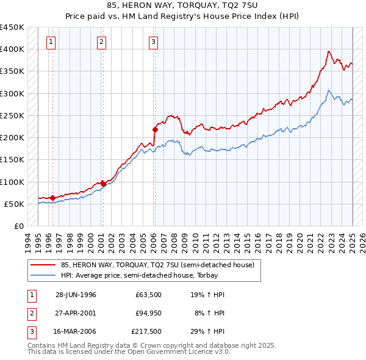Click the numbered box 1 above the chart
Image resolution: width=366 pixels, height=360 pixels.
tap(50, 42)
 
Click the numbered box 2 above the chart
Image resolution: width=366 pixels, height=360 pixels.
tap(101, 42)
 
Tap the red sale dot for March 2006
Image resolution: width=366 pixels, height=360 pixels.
tap(155, 129)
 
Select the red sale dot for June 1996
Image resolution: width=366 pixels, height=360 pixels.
tap(52, 198)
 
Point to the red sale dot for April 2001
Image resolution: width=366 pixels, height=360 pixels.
tap(104, 184)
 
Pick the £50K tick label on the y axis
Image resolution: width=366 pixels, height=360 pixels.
tap(14, 204)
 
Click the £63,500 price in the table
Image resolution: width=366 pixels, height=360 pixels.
tap(148, 295)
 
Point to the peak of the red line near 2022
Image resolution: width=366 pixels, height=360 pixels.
tap(329, 51)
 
